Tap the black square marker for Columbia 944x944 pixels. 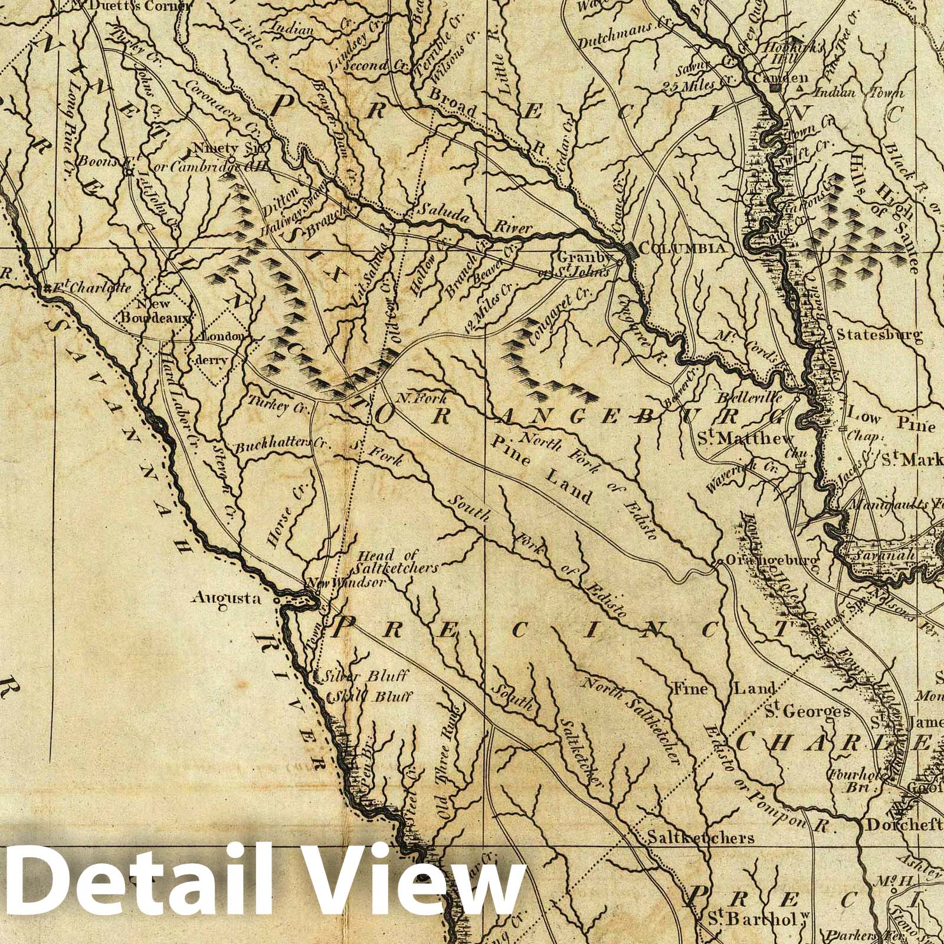[631, 250]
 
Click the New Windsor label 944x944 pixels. [345, 582]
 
